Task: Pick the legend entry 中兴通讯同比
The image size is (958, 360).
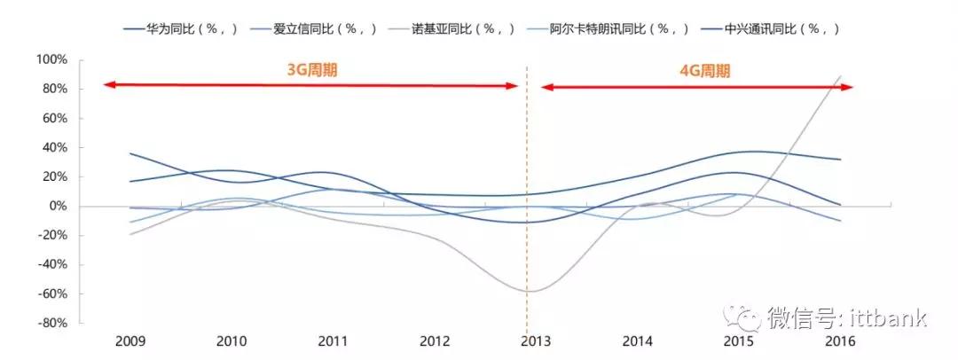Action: coord(791,28)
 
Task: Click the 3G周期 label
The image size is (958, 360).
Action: coord(311,71)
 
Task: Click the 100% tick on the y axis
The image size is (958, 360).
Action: coord(51,59)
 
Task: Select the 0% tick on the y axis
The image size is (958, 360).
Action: coord(57,206)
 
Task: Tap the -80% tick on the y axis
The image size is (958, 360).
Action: coord(51,324)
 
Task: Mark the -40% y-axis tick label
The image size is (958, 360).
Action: coord(51,264)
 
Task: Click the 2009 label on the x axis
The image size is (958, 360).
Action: coord(130,341)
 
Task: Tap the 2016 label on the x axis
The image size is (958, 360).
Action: coord(839,341)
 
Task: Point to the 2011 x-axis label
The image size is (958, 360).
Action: coord(333,341)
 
